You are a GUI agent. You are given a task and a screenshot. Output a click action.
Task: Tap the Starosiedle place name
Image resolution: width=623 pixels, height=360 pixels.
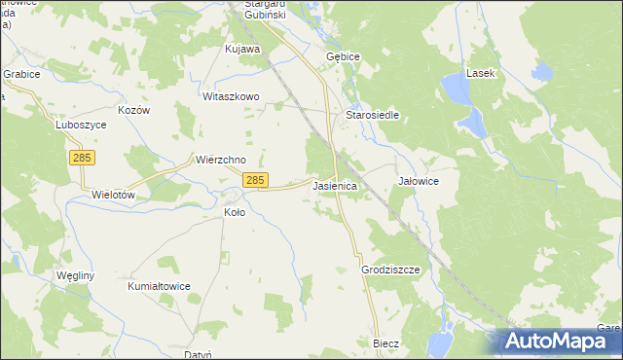coord(373,114)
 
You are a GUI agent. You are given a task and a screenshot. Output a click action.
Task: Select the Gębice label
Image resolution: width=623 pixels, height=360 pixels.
coord(343,56)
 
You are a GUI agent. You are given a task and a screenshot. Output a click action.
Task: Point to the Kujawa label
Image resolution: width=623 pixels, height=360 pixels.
coord(242,48)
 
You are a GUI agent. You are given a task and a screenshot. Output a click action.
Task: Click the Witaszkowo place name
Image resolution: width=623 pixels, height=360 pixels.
coord(230,96)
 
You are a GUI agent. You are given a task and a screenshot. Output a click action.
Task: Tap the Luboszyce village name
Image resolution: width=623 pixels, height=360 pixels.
coord(54,126)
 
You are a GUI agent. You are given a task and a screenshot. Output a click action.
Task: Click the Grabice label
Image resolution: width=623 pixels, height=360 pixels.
coord(20,73)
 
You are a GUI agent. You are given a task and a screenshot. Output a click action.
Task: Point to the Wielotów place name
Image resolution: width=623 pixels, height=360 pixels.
coord(112,194)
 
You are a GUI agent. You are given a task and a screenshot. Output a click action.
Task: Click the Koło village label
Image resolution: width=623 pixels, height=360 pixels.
coord(235,211)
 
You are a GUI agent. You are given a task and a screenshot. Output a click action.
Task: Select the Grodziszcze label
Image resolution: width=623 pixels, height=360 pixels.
coord(390,270)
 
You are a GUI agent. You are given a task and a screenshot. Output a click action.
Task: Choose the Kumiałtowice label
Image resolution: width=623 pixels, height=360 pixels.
coord(159,286)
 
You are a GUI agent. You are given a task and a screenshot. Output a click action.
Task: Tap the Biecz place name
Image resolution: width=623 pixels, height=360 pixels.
coord(386,343)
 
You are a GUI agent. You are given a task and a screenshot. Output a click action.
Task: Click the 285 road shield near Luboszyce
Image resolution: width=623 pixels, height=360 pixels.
coord(82,157)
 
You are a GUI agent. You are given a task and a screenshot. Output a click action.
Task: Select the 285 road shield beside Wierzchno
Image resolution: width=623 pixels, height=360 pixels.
coord(255,180)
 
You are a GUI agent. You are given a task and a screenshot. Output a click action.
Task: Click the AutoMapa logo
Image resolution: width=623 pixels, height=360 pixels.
coord(560,341)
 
